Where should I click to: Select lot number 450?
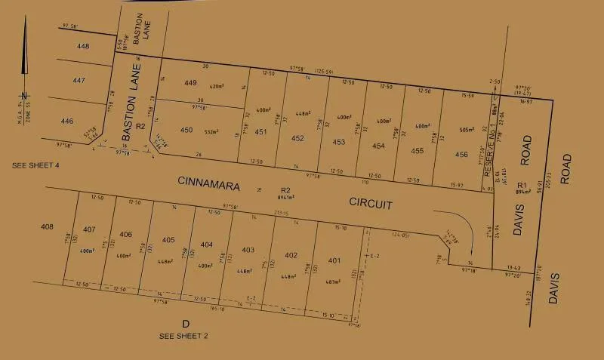(x=186, y=130)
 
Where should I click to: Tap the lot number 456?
(x=461, y=154)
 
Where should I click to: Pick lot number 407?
(x=89, y=229)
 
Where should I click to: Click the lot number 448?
(x=83, y=46)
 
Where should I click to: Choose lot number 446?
(x=67, y=121)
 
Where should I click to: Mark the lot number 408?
(x=48, y=226)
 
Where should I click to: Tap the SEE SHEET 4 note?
(x=35, y=165)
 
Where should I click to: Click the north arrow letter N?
(x=24, y=95)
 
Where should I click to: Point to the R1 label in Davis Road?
(x=520, y=185)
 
